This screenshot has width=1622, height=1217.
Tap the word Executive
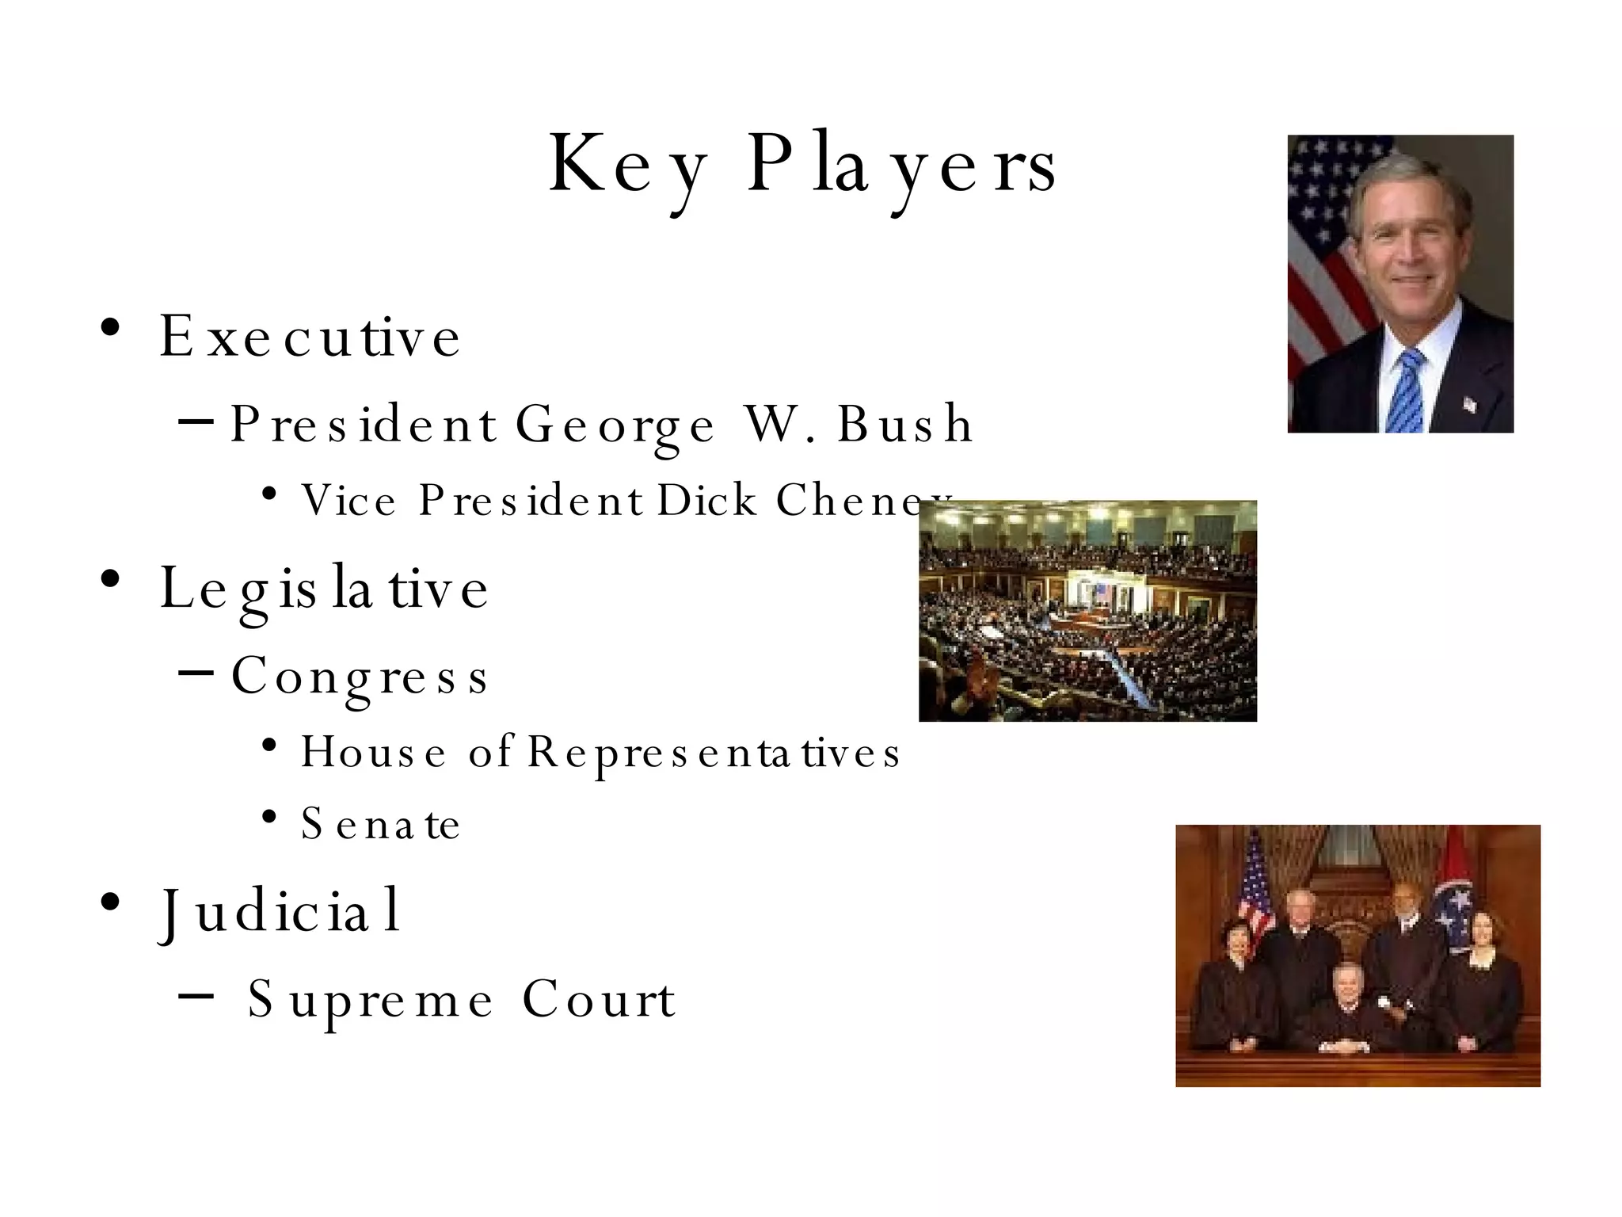coord(310,337)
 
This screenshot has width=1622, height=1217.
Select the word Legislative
coord(324,589)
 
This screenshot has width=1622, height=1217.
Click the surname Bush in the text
coord(904,424)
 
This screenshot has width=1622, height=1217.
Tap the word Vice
coord(348,501)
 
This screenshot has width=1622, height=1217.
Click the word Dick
coord(707,501)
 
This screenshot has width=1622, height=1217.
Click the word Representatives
coord(714,752)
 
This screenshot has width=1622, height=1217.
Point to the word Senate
coord(380,824)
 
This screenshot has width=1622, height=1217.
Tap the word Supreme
coord(370,1001)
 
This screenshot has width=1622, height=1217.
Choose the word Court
coord(599,999)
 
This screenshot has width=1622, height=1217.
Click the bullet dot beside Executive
coord(110,327)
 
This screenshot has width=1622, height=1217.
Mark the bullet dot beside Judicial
coord(110,902)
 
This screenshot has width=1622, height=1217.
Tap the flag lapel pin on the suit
coord(1469,405)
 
